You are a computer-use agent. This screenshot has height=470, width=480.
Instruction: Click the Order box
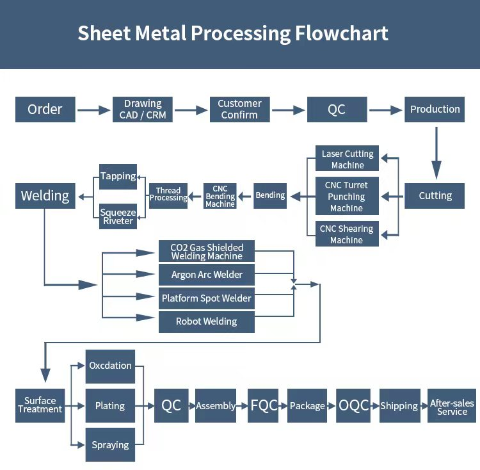click(45, 109)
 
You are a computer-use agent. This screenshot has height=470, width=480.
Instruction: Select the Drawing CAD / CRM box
click(143, 109)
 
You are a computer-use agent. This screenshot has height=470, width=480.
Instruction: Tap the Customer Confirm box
click(239, 109)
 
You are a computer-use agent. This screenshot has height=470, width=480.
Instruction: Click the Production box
click(435, 109)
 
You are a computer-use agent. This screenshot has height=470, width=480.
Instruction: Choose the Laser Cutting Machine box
click(347, 159)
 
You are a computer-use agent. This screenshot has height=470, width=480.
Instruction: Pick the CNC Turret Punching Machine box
click(347, 197)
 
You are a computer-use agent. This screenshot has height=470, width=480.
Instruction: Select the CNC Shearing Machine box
click(347, 234)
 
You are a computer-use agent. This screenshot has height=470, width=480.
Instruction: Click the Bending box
click(270, 195)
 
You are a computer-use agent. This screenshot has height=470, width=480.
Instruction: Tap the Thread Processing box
click(168, 195)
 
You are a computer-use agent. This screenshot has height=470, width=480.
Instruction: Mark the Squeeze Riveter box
click(118, 216)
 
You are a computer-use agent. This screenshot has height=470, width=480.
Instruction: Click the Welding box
click(45, 196)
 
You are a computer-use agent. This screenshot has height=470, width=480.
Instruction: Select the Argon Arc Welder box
click(207, 275)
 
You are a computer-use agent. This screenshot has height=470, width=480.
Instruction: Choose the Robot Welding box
click(207, 321)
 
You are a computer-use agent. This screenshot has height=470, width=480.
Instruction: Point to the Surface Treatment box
click(40, 405)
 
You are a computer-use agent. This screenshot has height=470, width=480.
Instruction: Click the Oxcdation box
click(110, 366)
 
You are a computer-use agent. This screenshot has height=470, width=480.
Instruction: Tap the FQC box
click(264, 405)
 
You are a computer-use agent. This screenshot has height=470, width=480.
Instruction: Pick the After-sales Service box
click(452, 406)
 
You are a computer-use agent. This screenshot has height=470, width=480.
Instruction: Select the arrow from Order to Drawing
click(94, 110)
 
